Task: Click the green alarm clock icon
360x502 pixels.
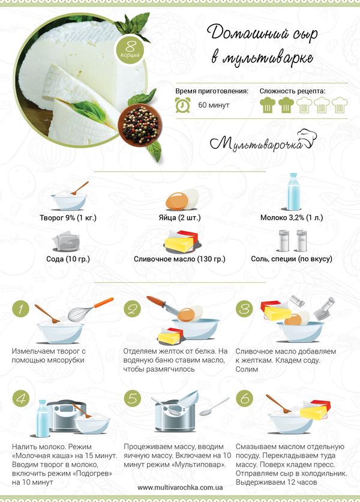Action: point(183,105)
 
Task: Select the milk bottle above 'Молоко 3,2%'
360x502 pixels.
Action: point(293,192)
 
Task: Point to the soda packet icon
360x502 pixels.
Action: point(66,242)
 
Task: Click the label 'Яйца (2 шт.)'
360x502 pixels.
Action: point(179,218)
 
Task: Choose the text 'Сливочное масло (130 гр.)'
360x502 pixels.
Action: point(179,259)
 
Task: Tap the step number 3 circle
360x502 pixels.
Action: point(244,309)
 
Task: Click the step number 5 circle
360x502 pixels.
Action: point(133,398)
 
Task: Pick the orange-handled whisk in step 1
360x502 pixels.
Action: point(91,310)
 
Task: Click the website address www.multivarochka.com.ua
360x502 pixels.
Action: point(180,488)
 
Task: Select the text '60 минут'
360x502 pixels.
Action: point(214,105)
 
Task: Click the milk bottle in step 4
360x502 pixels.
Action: point(43,419)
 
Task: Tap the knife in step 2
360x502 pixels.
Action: point(163,306)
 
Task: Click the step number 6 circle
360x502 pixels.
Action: point(244,398)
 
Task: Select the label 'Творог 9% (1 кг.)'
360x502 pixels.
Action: point(68,218)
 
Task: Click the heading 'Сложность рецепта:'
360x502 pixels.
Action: point(292,91)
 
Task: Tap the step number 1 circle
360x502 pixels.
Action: point(20,309)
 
